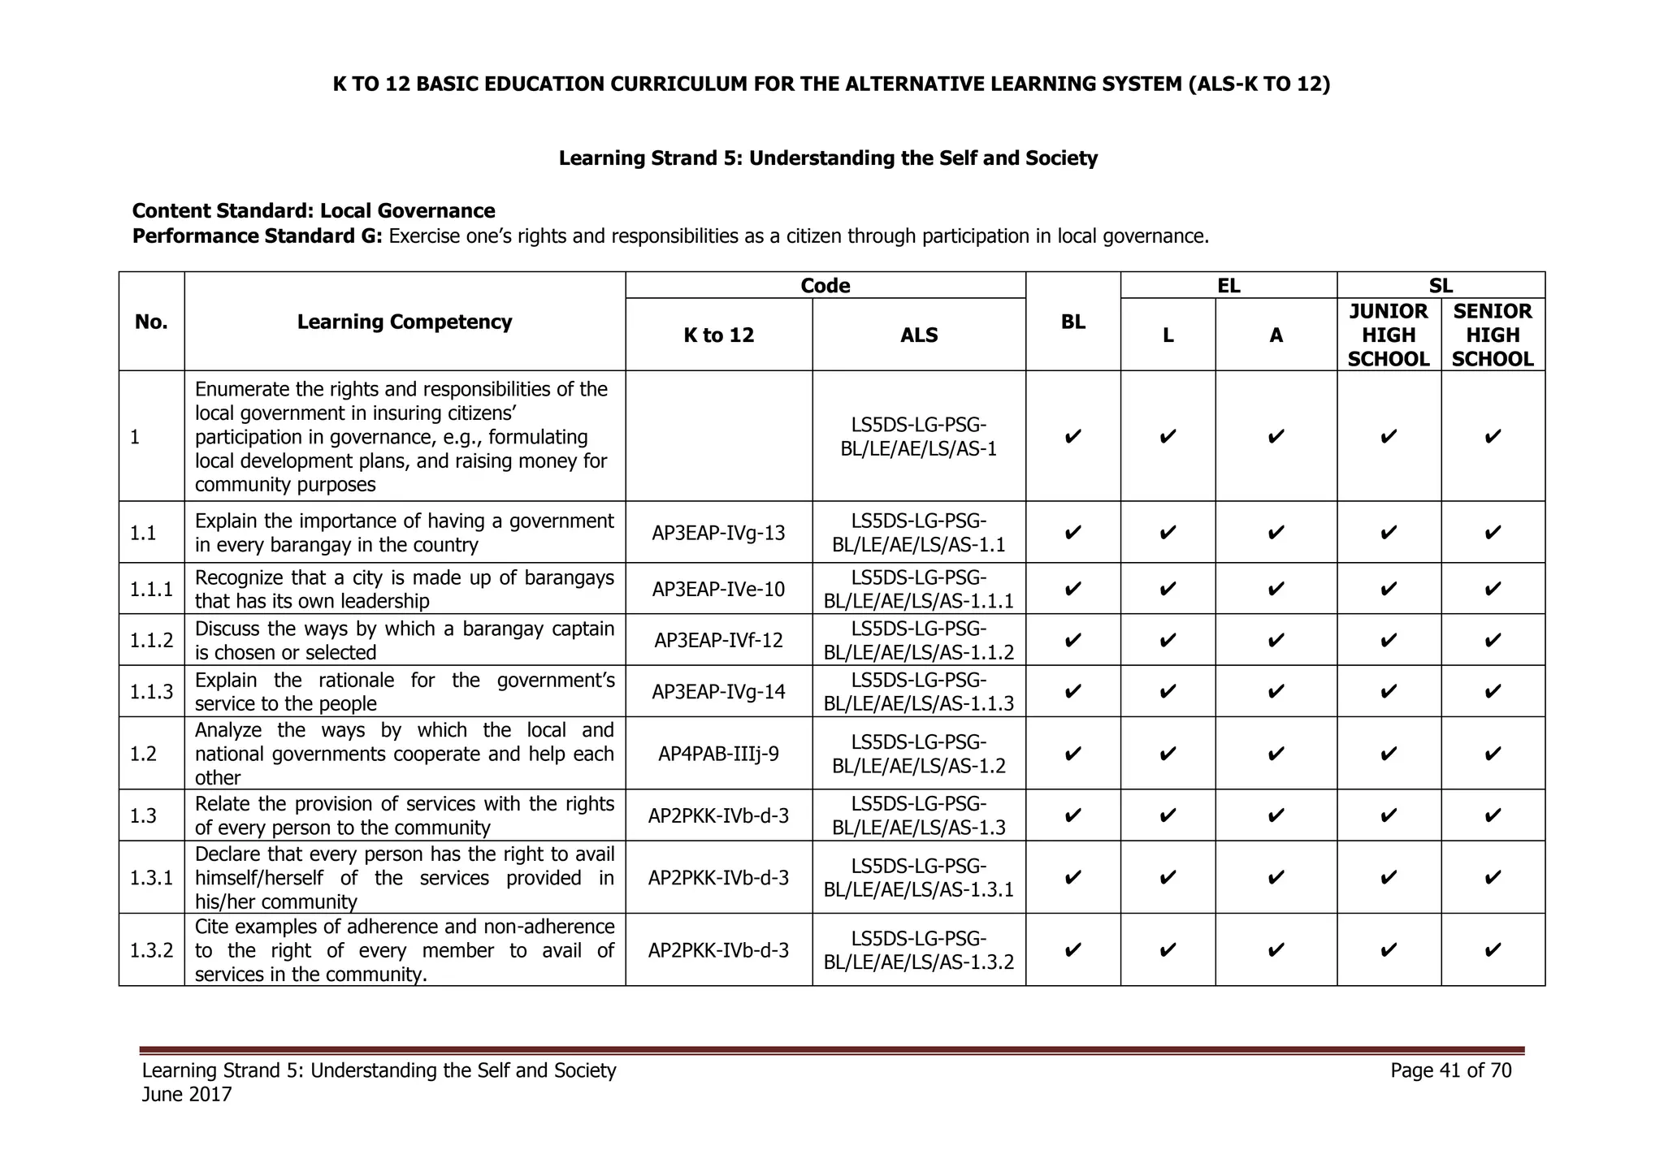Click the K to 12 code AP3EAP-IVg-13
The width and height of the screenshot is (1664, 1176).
(x=718, y=533)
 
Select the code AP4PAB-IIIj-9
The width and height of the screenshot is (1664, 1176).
(x=718, y=754)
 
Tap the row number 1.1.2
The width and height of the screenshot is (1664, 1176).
(x=151, y=640)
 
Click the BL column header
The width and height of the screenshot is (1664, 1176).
(x=1072, y=322)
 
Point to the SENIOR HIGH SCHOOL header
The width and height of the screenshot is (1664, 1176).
(x=1493, y=335)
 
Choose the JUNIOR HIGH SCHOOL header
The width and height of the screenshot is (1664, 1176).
(x=1389, y=335)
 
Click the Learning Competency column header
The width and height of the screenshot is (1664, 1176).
(x=405, y=322)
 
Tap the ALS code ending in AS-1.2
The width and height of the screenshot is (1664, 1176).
(x=919, y=754)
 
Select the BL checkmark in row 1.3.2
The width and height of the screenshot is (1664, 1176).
(x=1072, y=949)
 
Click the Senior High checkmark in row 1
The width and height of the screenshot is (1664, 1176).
(x=1493, y=437)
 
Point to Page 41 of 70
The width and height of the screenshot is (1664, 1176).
(x=1450, y=1070)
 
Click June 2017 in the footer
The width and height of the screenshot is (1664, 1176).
(x=187, y=1095)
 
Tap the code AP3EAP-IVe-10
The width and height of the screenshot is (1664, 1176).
(x=718, y=589)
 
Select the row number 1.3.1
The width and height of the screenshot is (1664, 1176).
(x=151, y=877)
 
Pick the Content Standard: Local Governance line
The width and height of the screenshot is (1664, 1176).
(x=314, y=211)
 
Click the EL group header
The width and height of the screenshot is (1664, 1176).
(x=1228, y=286)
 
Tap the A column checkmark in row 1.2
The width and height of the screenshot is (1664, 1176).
(x=1276, y=754)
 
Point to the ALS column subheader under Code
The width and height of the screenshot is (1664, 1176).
(x=919, y=335)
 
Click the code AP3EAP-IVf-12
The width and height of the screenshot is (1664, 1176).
(x=718, y=640)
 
